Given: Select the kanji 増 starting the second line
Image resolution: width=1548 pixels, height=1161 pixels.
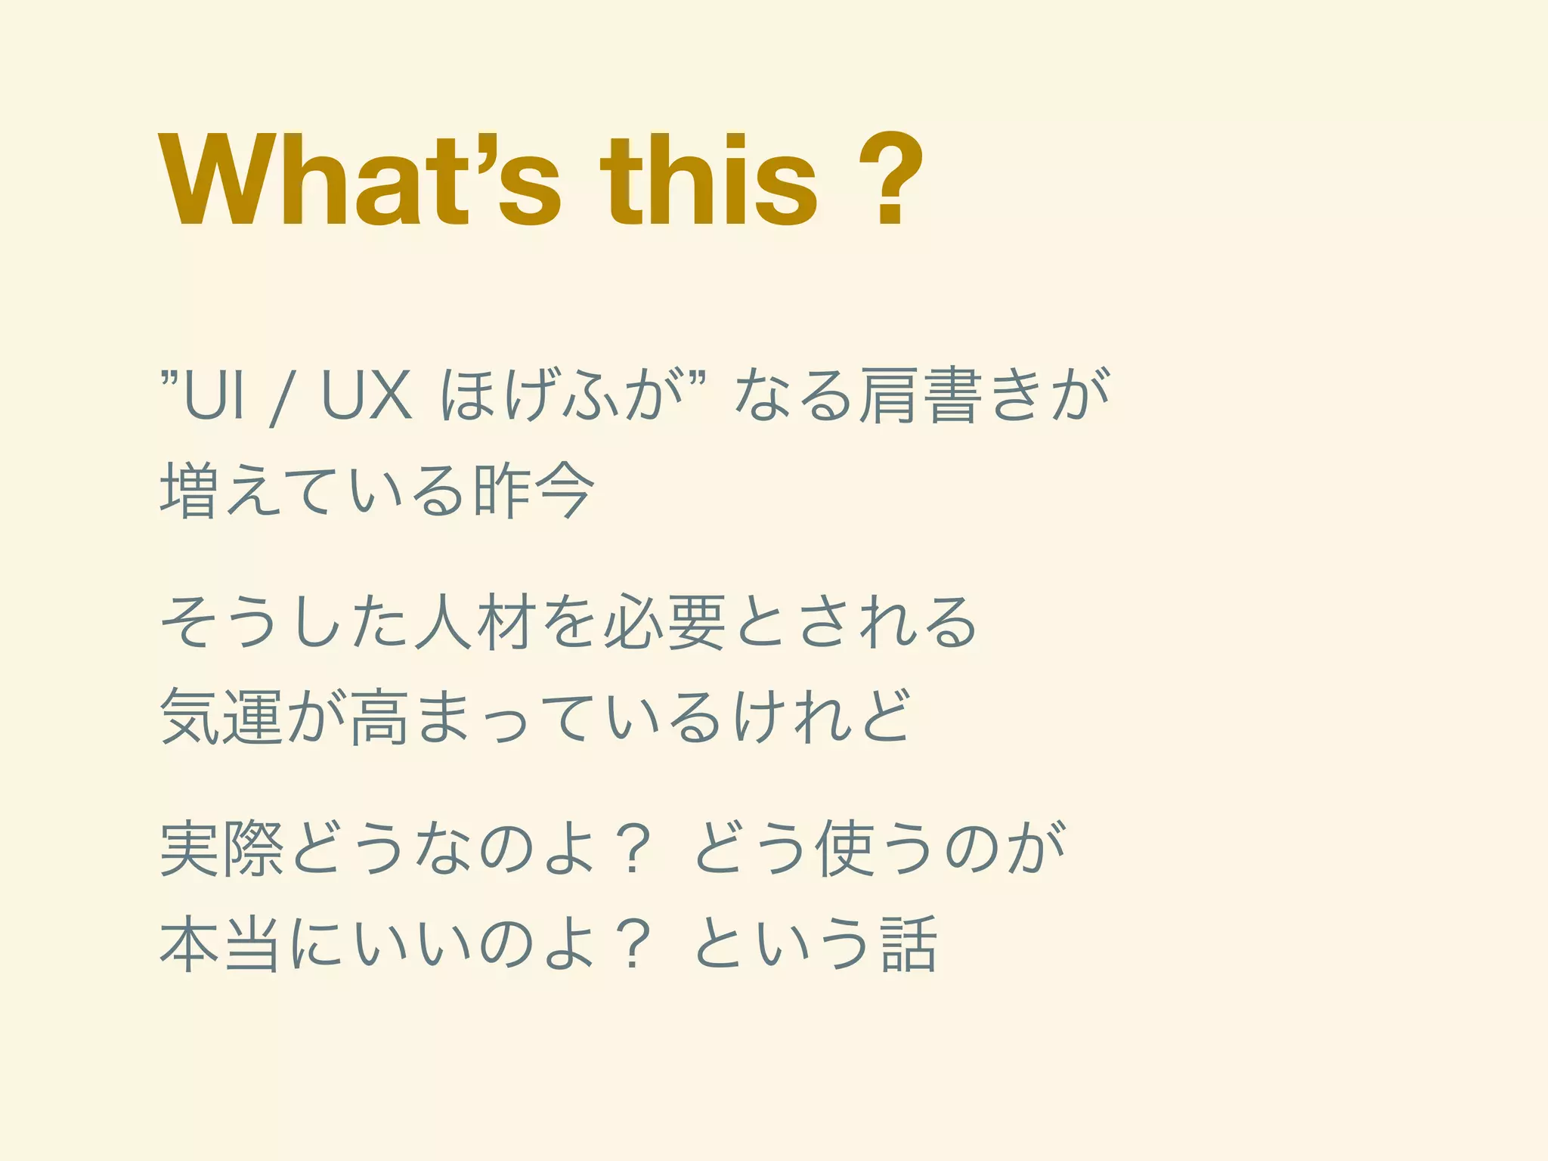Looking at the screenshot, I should click(x=189, y=491).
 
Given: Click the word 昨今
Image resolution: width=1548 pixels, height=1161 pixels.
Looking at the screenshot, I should click(x=534, y=491).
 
